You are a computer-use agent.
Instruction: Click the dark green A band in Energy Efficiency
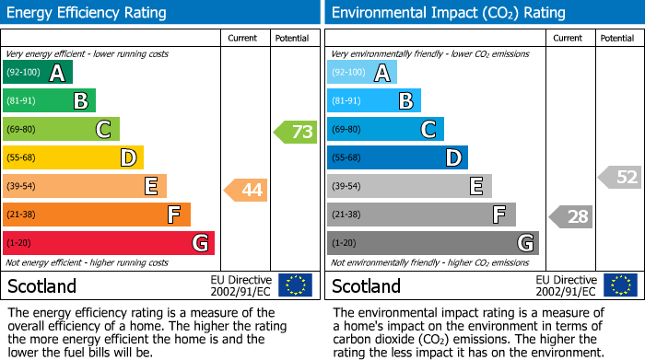pos(37,72)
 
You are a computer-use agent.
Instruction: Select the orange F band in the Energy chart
pos(97,215)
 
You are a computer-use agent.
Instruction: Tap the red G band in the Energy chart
pos(109,243)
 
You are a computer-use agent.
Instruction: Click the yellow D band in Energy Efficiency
pos(73,157)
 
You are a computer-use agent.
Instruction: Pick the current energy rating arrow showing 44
pos(246,191)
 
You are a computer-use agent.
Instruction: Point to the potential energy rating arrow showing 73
pos(296,132)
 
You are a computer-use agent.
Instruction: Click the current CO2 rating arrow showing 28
pos(570,216)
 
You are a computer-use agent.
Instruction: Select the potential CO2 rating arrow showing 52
pos(620,177)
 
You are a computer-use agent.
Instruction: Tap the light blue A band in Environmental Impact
pos(362,72)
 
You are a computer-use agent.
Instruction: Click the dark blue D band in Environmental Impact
pos(397,157)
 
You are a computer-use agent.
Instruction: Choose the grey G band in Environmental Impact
pos(433,243)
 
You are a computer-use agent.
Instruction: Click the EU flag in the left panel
pos(296,285)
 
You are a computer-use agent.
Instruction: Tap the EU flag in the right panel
pos(620,285)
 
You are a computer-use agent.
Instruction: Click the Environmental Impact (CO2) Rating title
pos(448,13)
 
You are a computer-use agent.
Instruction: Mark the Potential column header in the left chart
pos(292,38)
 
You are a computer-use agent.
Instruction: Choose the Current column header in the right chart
pos(569,38)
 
